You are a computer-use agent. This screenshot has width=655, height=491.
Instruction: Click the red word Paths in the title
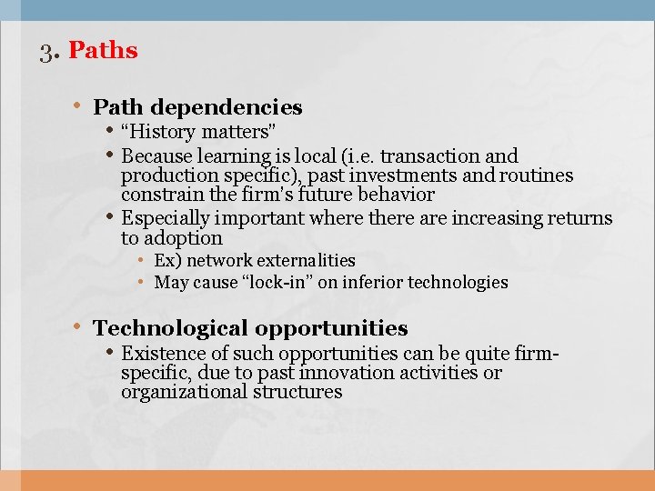pos(103,50)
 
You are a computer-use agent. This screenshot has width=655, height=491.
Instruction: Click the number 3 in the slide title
pos(46,51)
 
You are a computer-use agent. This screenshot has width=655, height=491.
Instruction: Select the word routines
pos(534,175)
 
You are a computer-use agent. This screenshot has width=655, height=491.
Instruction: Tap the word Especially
pos(168,218)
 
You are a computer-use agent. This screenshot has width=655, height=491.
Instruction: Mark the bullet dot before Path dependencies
pos(79,106)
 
